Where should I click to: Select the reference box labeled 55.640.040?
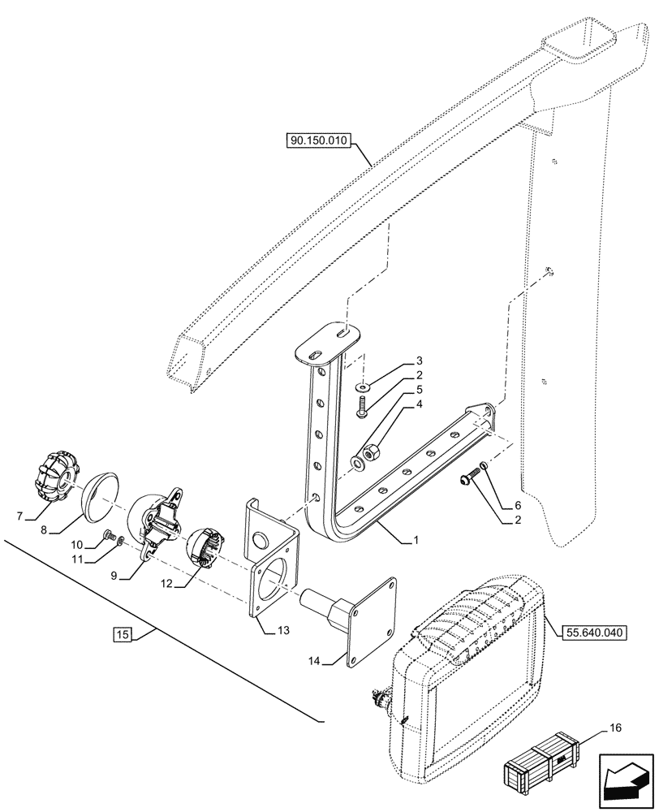(x=586, y=629)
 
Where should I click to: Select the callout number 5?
(x=397, y=389)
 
